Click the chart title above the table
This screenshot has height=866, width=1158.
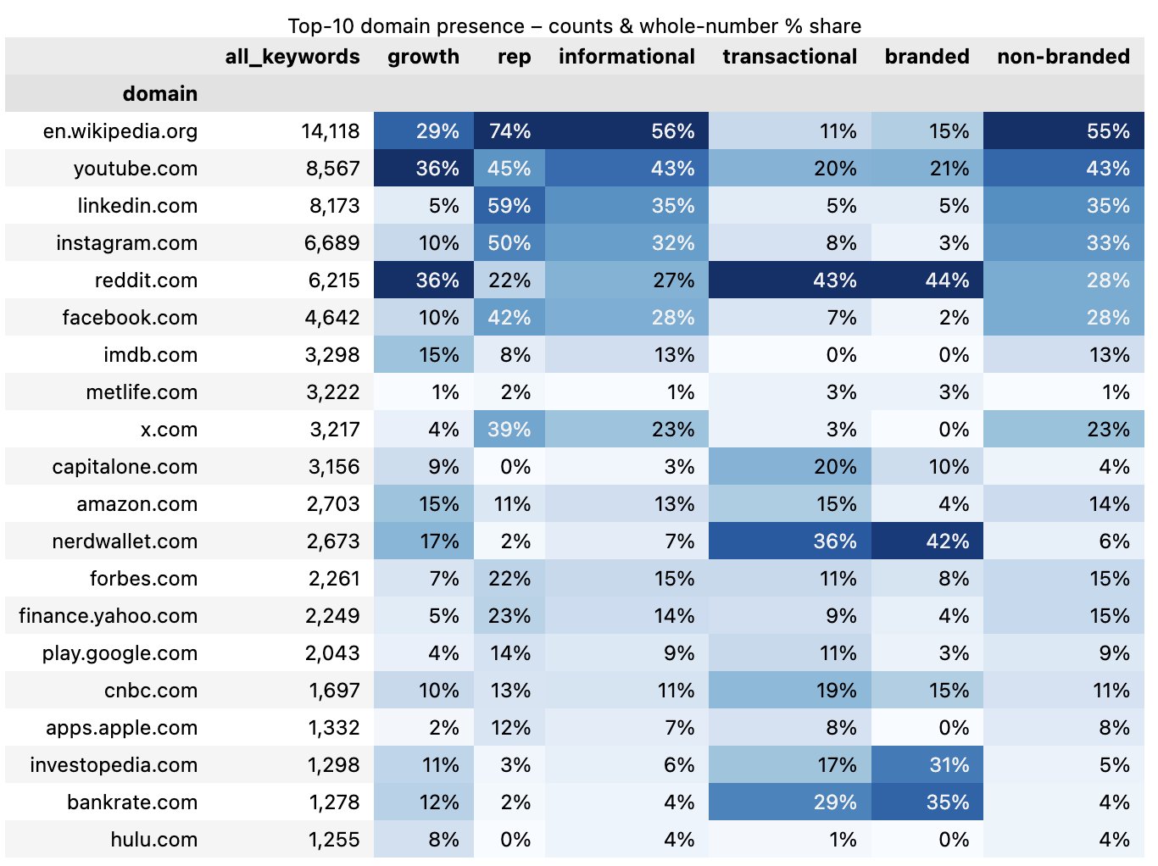pos(574,25)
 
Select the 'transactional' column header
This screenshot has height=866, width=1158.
pos(789,57)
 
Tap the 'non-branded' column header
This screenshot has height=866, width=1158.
pos(1063,57)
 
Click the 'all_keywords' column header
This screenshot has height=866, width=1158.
pos(292,57)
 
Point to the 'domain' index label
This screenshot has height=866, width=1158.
pos(159,94)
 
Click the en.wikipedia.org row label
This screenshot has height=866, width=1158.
pos(120,131)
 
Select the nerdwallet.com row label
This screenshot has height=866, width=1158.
pos(124,541)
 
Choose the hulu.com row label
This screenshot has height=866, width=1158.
pos(153,840)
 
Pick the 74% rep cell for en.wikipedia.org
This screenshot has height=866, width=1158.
pos(509,131)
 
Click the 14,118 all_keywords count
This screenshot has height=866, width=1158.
pos(330,131)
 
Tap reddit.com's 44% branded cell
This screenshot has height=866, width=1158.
pos(947,280)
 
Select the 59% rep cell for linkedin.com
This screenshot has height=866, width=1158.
pos(509,206)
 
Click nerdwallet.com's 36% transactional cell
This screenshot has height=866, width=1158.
pos(834,541)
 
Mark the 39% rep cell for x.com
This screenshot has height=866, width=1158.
pos(509,430)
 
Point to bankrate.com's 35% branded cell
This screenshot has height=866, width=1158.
pos(947,802)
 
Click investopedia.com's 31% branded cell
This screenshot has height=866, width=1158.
pos(949,765)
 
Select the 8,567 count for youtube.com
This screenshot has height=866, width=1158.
pos(332,169)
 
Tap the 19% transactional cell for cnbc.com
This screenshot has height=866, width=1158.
pos(836,691)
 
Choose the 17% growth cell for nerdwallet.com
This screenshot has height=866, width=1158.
pos(438,541)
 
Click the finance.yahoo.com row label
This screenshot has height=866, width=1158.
pos(108,616)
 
